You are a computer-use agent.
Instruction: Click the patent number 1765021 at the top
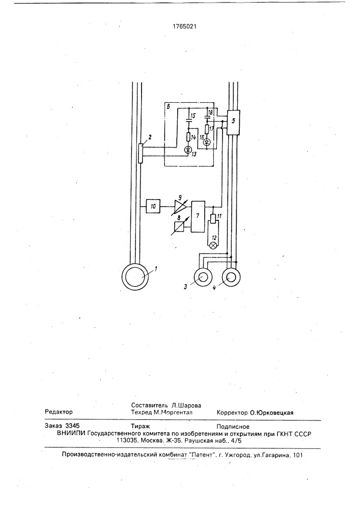click(x=184, y=26)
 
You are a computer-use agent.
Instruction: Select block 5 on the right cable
click(x=233, y=122)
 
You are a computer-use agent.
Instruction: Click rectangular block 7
click(x=199, y=216)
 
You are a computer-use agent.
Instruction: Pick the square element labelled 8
click(x=178, y=226)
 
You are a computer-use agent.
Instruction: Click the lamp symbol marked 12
click(x=213, y=245)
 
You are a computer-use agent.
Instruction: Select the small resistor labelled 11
click(x=213, y=218)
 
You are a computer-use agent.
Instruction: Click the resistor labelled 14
click(x=188, y=136)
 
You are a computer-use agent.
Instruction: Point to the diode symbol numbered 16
click(x=206, y=142)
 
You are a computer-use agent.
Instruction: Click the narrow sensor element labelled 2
click(x=140, y=153)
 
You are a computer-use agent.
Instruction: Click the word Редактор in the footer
click(x=59, y=412)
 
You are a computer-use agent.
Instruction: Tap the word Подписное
click(x=233, y=427)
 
